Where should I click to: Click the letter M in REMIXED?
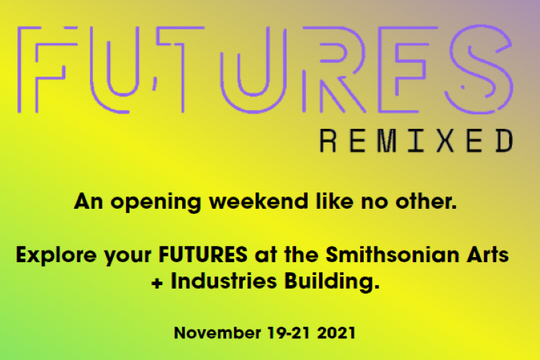point(387,140)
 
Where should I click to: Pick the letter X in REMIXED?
point(445,140)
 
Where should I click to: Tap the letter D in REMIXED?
point(505,140)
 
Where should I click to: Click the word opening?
point(156,202)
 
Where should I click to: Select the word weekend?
point(258,201)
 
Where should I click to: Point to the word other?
point(426,201)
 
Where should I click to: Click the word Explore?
point(56,256)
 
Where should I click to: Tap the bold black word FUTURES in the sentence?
point(203,255)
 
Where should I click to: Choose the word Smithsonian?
point(392,255)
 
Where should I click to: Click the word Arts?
point(487,255)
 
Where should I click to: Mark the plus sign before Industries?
point(157,283)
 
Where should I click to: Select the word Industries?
point(224,281)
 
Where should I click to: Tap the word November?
point(217,333)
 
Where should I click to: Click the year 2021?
point(336,333)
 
